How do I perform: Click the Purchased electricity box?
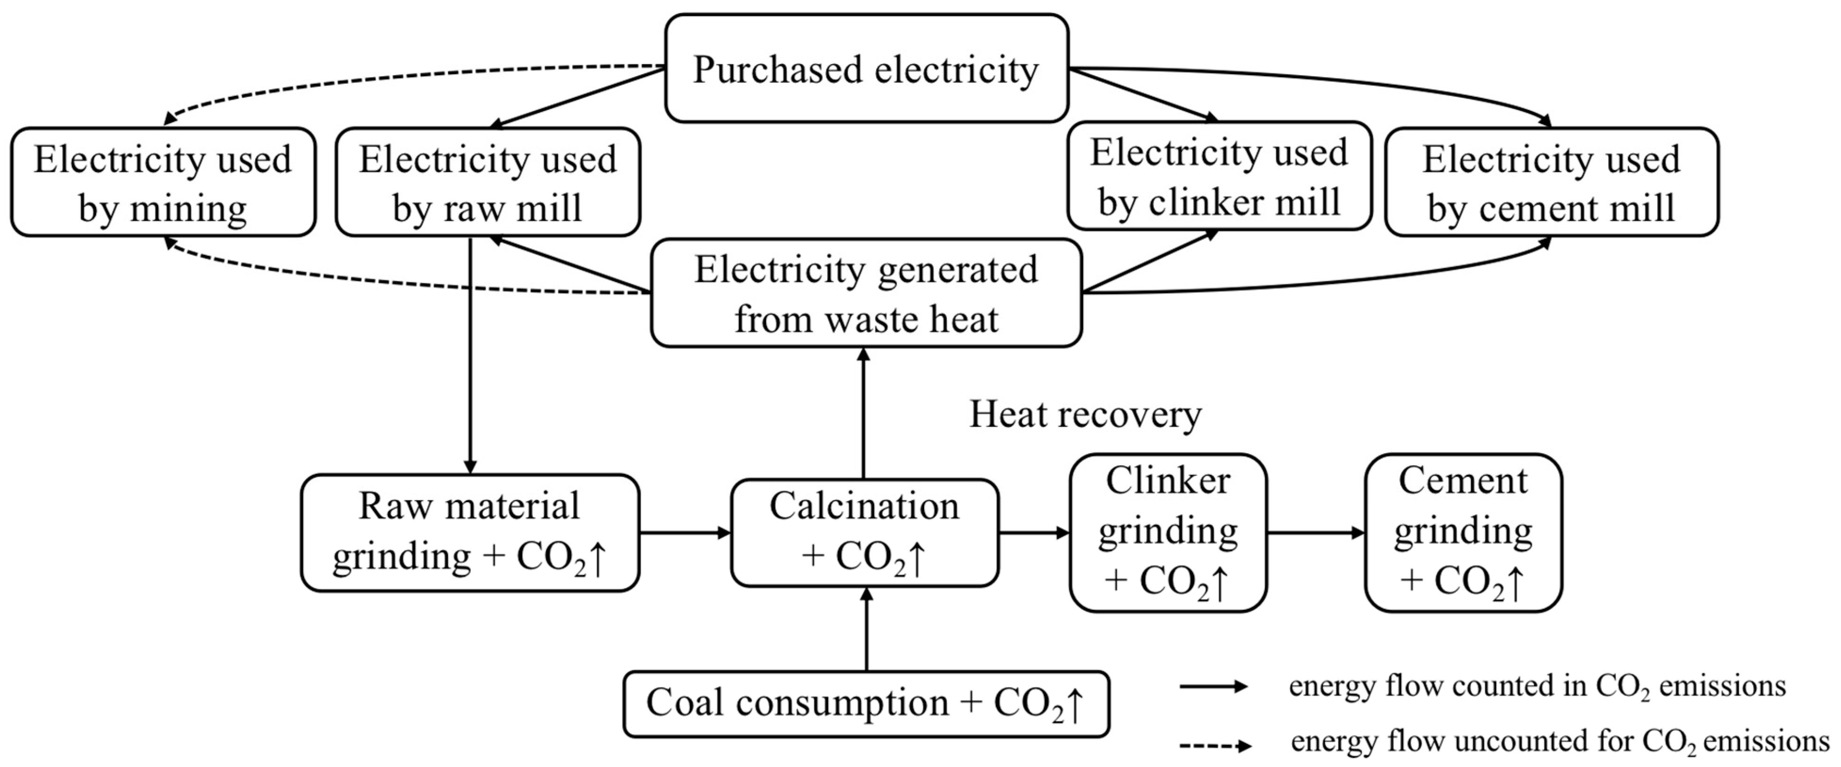tap(866, 69)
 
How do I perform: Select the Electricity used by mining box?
tap(163, 182)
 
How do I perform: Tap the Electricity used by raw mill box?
tap(487, 182)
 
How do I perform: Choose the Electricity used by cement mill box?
tap(1551, 182)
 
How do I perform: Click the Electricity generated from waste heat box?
tap(866, 293)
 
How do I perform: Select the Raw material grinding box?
tap(470, 533)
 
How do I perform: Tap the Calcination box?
tap(864, 533)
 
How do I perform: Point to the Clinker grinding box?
tap(1168, 533)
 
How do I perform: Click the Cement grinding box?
tap(1462, 533)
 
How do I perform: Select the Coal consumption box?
tap(866, 703)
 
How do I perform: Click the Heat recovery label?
tap(1085, 415)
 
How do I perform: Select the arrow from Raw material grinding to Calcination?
tap(685, 533)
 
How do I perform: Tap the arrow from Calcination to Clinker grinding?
tap(1034, 533)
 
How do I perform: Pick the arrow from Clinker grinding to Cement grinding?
tap(1315, 533)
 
